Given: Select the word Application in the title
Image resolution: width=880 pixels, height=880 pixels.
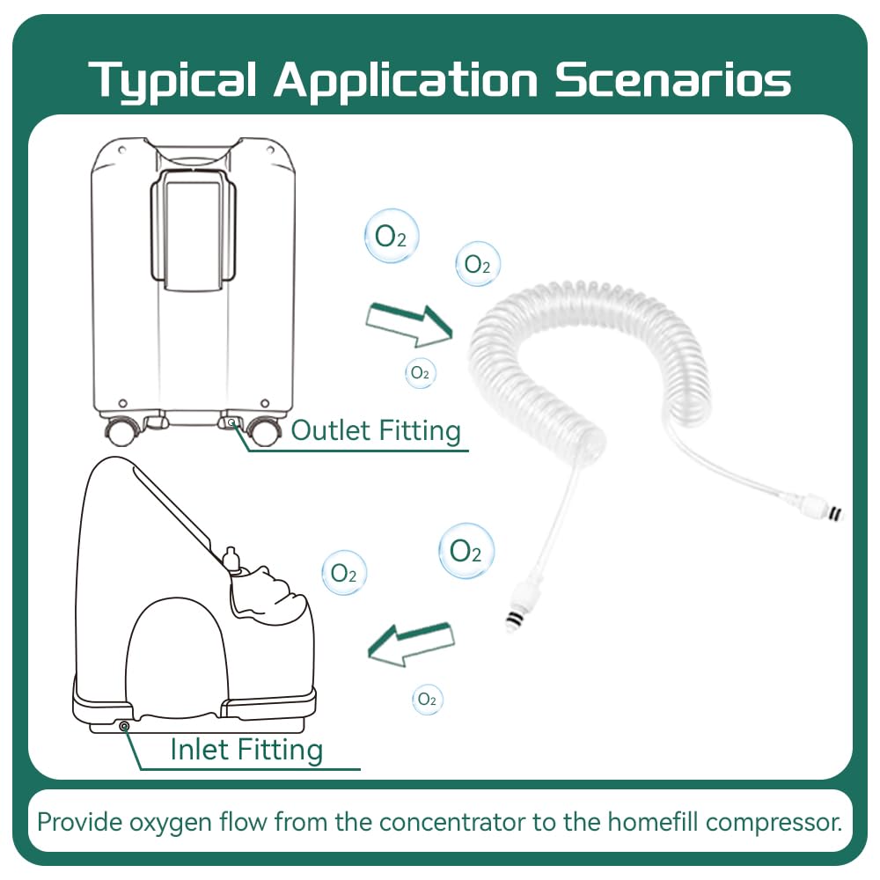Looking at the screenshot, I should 405,80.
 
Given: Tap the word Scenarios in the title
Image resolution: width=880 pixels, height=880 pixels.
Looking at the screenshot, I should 672,80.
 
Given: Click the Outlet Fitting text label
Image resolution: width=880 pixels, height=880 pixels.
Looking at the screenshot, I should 376,430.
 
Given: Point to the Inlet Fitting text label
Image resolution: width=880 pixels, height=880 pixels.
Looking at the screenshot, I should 246,750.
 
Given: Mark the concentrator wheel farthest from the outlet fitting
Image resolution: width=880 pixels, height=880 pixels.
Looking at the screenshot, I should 121,430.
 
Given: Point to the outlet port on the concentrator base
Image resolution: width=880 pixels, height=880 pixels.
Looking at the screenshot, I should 231,423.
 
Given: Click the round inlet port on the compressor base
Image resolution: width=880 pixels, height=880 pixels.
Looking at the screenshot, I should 124,726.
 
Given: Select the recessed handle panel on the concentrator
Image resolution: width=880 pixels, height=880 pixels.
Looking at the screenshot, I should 194,229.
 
